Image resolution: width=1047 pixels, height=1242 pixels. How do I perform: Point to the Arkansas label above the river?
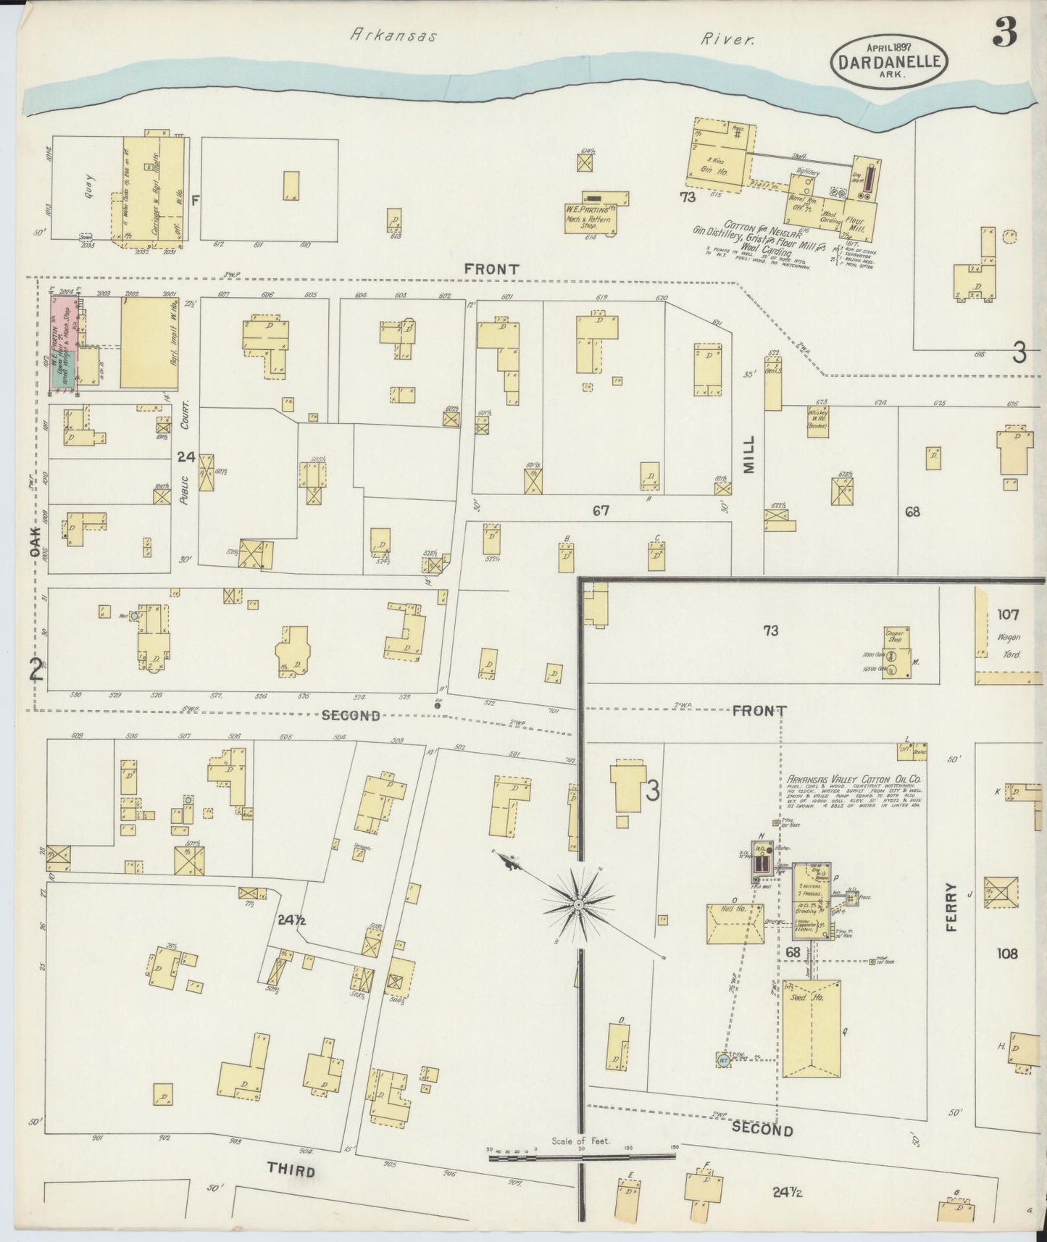[x=393, y=34]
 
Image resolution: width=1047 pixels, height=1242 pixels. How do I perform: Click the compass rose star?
[x=580, y=905]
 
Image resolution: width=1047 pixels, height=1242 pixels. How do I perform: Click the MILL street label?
[x=748, y=454]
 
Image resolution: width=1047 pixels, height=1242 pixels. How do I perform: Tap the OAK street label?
[x=35, y=541]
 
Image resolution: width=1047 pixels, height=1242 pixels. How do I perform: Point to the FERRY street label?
[x=951, y=906]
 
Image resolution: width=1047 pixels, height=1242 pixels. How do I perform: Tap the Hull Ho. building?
[x=734, y=923]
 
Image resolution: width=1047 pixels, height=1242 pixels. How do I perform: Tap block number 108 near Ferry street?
[x=1006, y=953]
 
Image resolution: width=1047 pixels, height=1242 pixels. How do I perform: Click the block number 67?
[x=600, y=511]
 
